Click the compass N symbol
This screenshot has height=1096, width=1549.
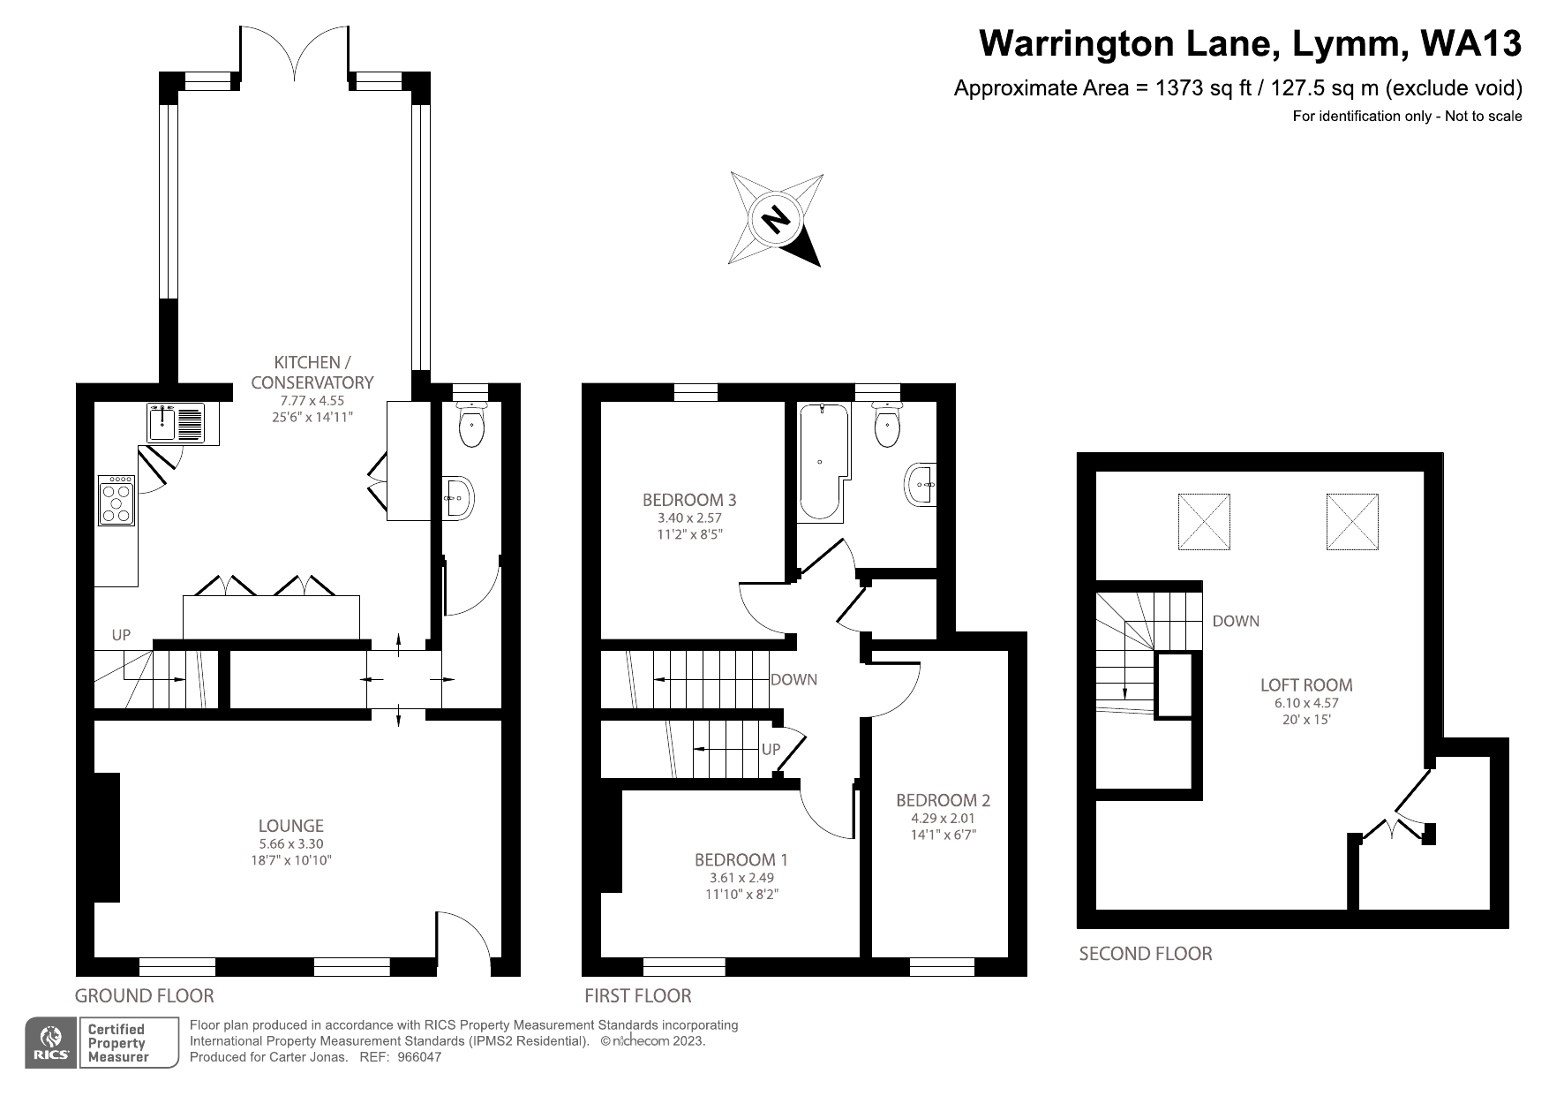click(776, 218)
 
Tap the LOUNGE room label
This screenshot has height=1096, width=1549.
click(290, 826)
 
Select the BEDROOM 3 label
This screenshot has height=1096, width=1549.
click(689, 500)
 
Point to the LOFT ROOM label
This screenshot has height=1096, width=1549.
click(1306, 684)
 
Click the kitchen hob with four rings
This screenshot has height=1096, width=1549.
click(117, 501)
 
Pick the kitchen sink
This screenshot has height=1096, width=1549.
click(176, 423)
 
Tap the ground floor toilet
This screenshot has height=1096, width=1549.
click(471, 427)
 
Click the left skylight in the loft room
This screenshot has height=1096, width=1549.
click(1204, 521)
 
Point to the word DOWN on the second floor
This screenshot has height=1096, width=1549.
click(1236, 621)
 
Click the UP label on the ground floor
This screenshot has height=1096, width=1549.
click(121, 635)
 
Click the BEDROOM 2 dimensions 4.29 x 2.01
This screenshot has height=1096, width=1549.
click(943, 819)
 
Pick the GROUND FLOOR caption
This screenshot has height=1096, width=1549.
click(144, 996)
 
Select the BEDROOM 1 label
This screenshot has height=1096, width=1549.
click(741, 860)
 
